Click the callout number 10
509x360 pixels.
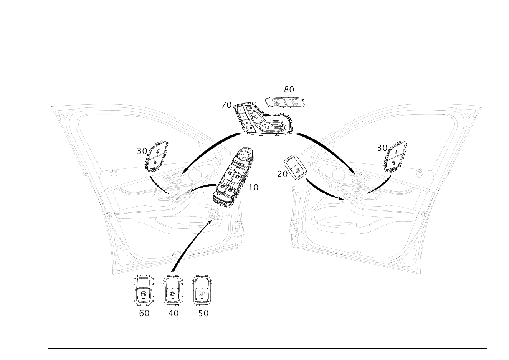pyautogui.click(x=253, y=187)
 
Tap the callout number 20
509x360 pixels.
pyautogui.click(x=282, y=174)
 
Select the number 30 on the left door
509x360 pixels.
pyautogui.click(x=142, y=151)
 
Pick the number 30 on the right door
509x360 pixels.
pyautogui.click(x=382, y=148)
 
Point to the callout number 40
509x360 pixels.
pyautogui.click(x=174, y=313)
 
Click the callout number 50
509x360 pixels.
pyautogui.click(x=203, y=313)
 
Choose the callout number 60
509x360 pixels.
pyautogui.click(x=144, y=313)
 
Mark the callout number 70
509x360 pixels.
pyautogui.click(x=226, y=105)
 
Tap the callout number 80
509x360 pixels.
pyautogui.click(x=289, y=89)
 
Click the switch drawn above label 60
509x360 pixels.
pyautogui.click(x=143, y=290)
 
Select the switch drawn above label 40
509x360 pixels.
pyautogui.click(x=173, y=290)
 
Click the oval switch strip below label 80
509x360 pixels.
pyautogui.click(x=285, y=102)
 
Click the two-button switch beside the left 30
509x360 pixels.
pyautogui.click(x=156, y=156)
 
